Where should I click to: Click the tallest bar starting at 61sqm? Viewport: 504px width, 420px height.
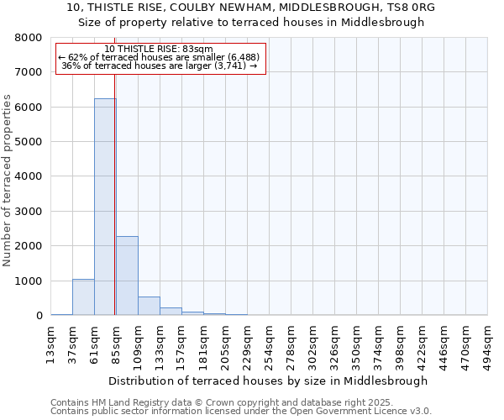coord(105,207)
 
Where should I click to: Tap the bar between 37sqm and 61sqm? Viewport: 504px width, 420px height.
coord(83,297)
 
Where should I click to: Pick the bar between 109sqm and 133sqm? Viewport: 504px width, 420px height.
coord(149,306)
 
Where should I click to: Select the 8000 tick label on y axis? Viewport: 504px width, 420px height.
coord(29,38)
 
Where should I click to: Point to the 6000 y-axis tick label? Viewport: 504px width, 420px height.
coord(29,108)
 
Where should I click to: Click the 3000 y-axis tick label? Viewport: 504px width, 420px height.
coord(29,212)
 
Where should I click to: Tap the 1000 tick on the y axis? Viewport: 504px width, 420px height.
coord(29,281)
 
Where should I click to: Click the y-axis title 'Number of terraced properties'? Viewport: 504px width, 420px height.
coord(8,180)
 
